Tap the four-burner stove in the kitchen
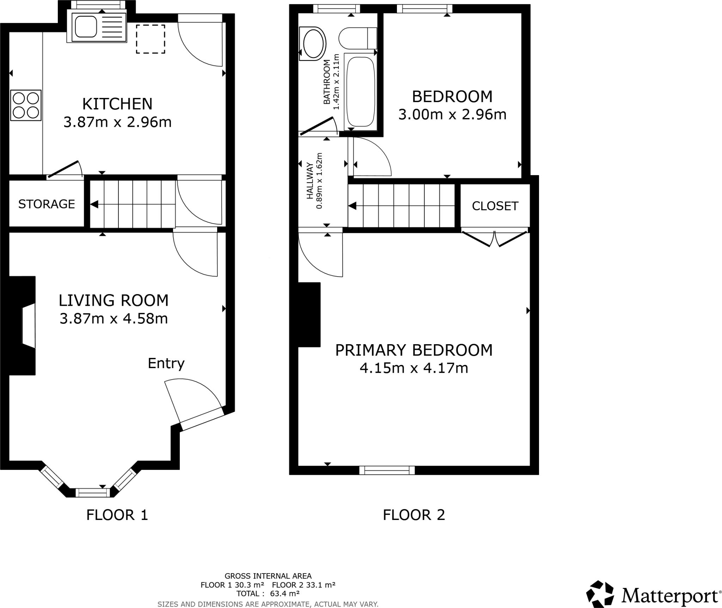(x=26, y=105)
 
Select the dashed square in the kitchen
(x=151, y=39)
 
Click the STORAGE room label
(x=47, y=204)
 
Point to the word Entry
(x=166, y=363)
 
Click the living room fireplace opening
(x=29, y=325)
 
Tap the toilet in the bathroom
(x=357, y=38)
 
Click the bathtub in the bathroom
(x=360, y=92)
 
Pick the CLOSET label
(x=495, y=206)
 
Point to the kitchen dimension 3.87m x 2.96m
(x=117, y=122)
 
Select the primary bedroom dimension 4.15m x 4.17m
(x=414, y=368)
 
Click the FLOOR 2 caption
(x=414, y=515)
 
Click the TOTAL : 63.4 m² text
(x=268, y=594)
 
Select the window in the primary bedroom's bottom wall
(x=387, y=470)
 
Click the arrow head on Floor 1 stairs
(x=94, y=204)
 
